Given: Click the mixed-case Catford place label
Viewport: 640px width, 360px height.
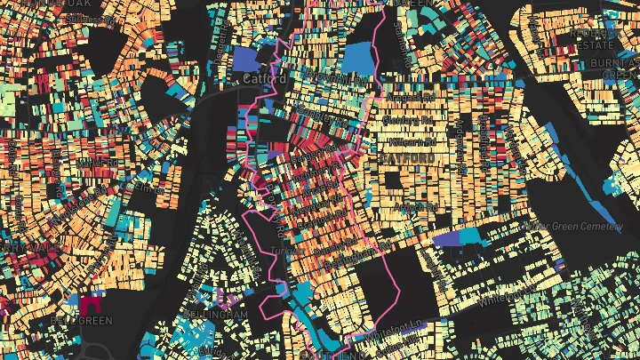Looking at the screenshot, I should (x=263, y=79).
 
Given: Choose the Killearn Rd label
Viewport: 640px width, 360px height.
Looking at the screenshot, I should (x=410, y=140).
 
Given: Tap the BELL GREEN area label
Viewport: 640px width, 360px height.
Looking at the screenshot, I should (x=84, y=321).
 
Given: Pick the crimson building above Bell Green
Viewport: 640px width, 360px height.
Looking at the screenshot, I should (x=91, y=304).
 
